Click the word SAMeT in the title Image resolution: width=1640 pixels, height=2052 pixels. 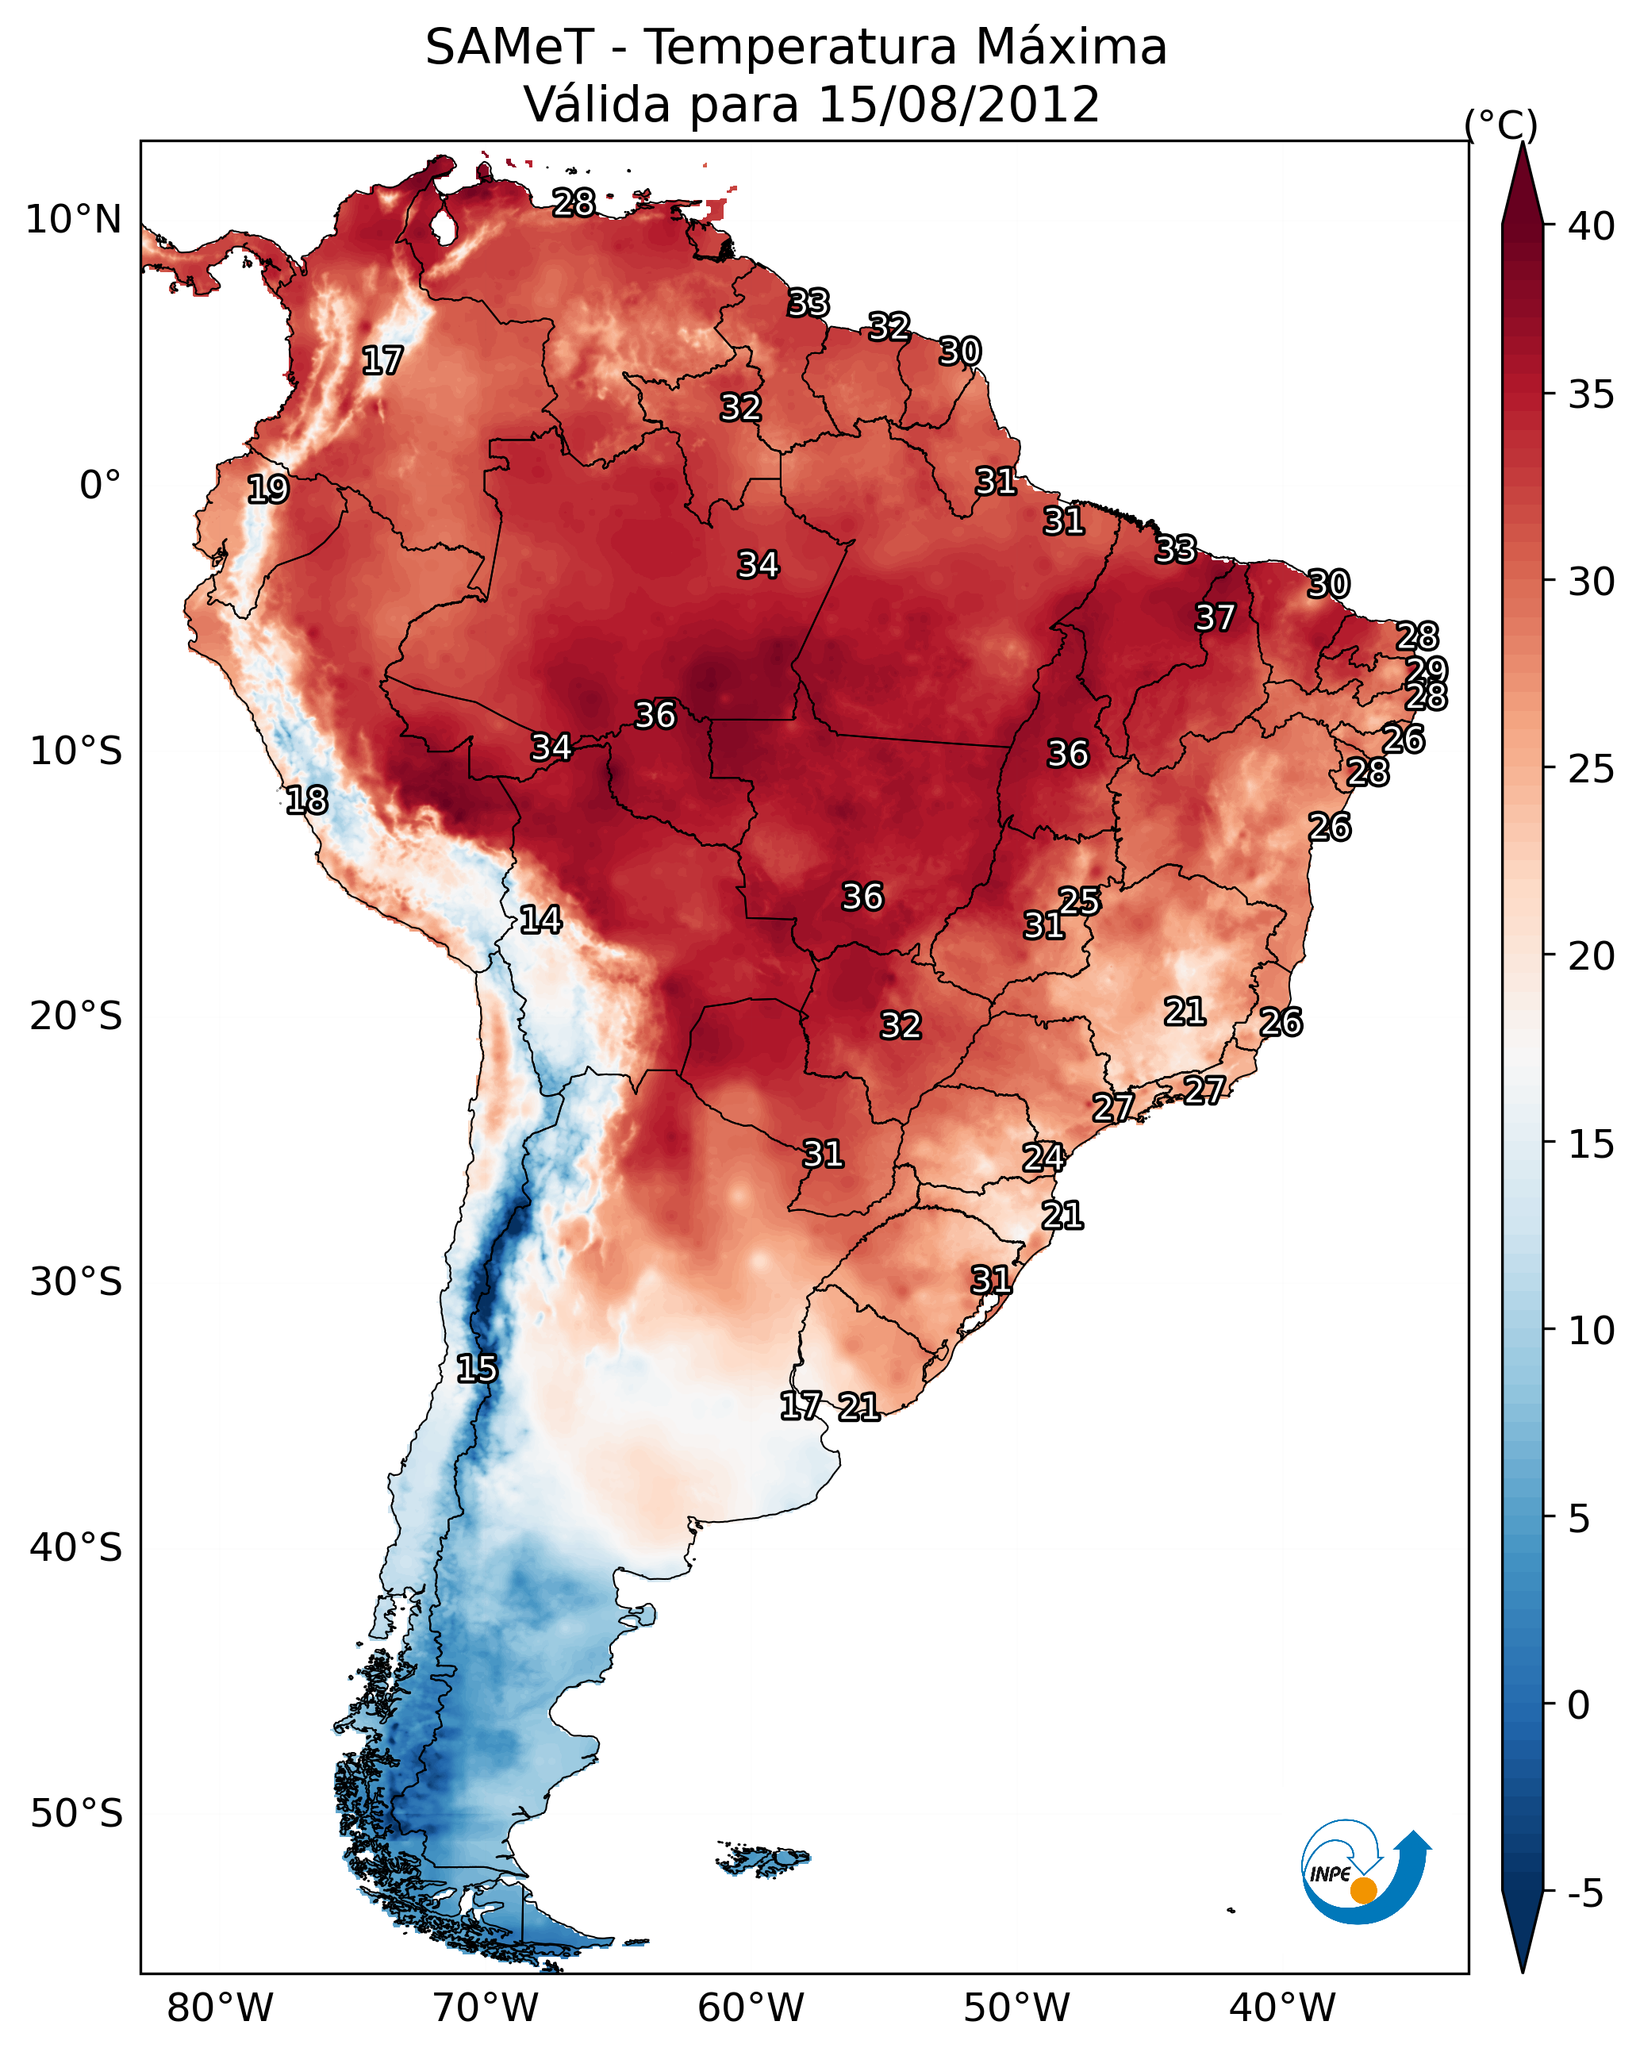pos(509,48)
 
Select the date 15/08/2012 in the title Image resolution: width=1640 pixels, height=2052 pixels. pos(958,105)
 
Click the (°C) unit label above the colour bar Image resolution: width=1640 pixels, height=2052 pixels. pos(1501,125)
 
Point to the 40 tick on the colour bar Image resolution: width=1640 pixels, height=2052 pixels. pos(1592,226)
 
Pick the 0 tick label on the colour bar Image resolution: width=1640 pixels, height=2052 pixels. pos(1579,1705)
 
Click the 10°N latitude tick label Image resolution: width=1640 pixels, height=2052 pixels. pos(73,220)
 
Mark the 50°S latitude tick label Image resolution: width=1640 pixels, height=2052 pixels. pos(76,1814)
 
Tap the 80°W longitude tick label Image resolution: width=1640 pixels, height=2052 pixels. pos(220,2008)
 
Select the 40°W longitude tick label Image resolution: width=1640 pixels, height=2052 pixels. pos(1282,2008)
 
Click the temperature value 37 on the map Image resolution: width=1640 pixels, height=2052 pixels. pos(1215,617)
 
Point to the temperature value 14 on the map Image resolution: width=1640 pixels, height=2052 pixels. pos(540,920)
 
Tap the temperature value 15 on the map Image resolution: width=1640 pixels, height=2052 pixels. pos(477,1369)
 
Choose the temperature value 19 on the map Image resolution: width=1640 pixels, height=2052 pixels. pos(267,490)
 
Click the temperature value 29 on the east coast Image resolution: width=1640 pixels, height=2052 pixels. pos(1427,670)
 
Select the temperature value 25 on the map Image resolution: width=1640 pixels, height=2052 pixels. pos(1079,901)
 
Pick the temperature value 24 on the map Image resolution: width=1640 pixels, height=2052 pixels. pos(1043,1158)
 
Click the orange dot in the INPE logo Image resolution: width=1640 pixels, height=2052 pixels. pos(1363,1890)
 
